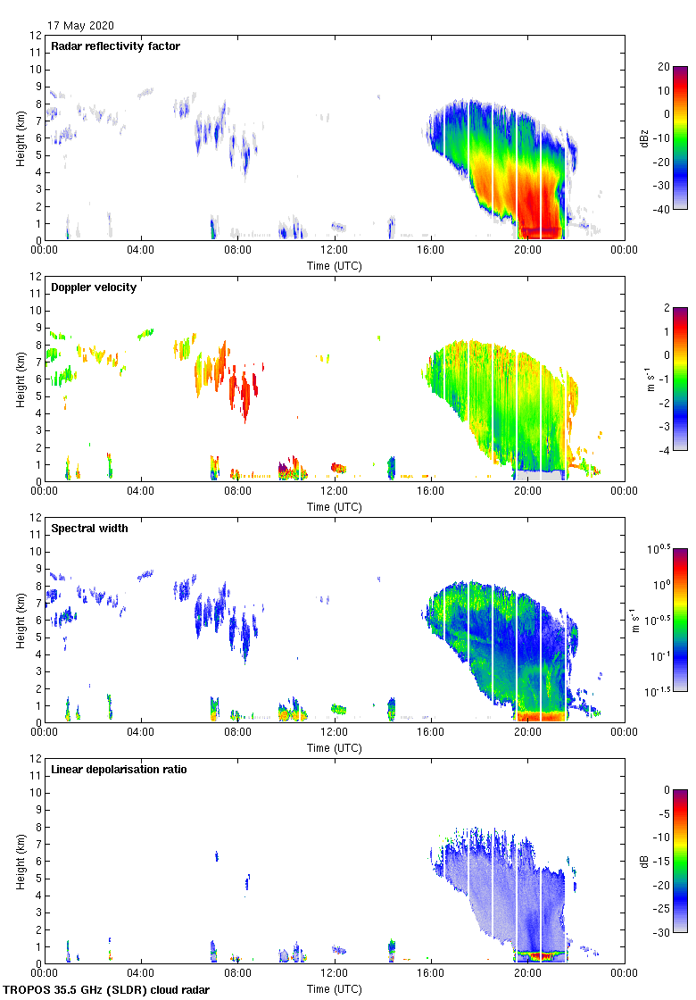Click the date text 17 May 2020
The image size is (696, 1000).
[x=80, y=26]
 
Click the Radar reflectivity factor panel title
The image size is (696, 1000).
[x=116, y=46]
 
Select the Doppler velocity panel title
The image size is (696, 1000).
[x=94, y=287]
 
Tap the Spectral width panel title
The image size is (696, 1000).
[x=90, y=529]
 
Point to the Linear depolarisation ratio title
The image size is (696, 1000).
[x=119, y=770]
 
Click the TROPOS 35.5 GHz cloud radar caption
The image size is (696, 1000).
[x=107, y=990]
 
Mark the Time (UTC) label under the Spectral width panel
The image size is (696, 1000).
[x=335, y=747]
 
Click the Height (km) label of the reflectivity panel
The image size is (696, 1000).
[x=20, y=137]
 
